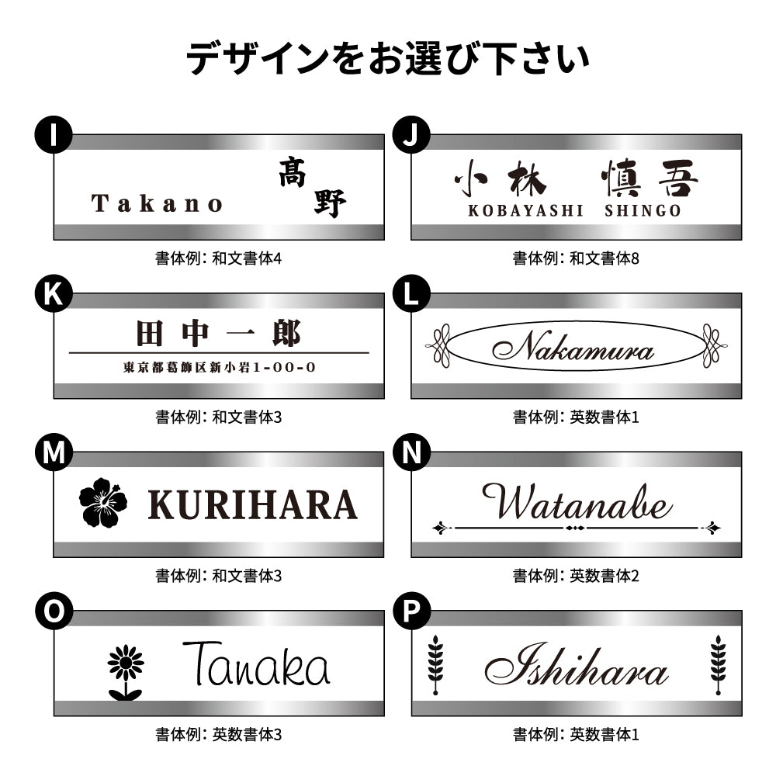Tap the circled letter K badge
tap(53, 295)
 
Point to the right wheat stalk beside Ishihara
tap(718, 665)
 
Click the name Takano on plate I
tap(158, 204)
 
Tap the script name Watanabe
tap(576, 503)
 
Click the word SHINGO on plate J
tap(643, 211)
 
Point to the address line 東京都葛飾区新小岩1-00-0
tap(219, 367)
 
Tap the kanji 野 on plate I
tap(330, 203)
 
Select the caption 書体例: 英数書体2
tap(576, 576)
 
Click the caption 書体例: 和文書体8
tap(576, 258)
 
